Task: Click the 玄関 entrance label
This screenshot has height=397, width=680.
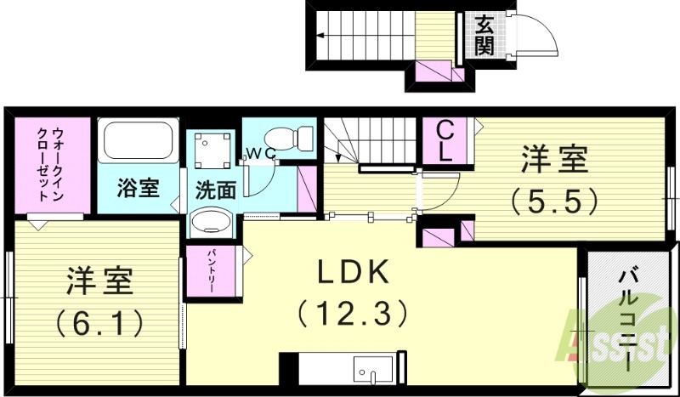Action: pos(484,35)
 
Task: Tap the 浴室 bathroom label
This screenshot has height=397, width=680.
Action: pos(137,187)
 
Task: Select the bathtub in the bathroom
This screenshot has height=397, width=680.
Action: pos(137,140)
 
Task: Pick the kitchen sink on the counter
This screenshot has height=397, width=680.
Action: pos(374,371)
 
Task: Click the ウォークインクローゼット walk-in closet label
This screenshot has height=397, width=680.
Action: pos(51,163)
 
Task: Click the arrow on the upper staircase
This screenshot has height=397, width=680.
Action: pos(323,36)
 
